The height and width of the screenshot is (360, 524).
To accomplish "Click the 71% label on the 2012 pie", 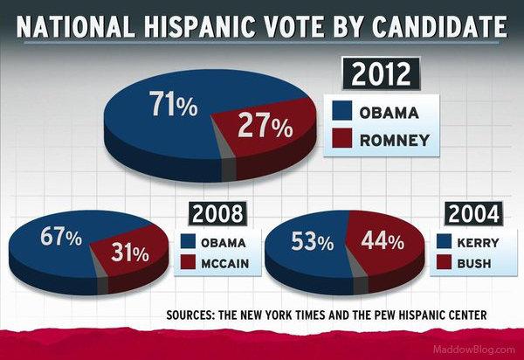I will (173, 107).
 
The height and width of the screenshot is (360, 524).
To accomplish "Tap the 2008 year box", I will (216, 213).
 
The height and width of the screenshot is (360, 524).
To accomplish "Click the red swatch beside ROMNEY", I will (345, 139).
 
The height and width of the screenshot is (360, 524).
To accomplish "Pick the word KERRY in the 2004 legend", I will (475, 241).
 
